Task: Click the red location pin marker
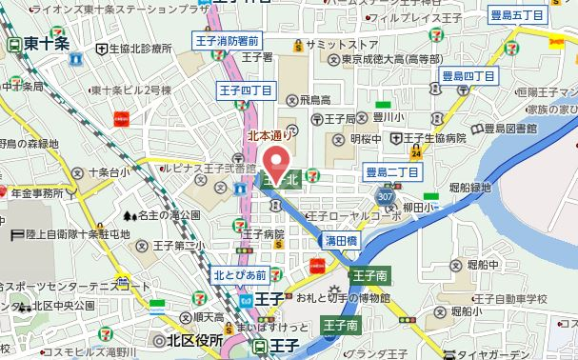point(277,162)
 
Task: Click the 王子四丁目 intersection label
point(247,90)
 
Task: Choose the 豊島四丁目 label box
point(469,75)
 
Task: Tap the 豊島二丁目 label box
point(392,171)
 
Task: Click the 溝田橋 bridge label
point(340,242)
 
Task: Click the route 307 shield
point(385,195)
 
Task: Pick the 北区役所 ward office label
point(189,340)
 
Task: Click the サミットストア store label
point(335,44)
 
